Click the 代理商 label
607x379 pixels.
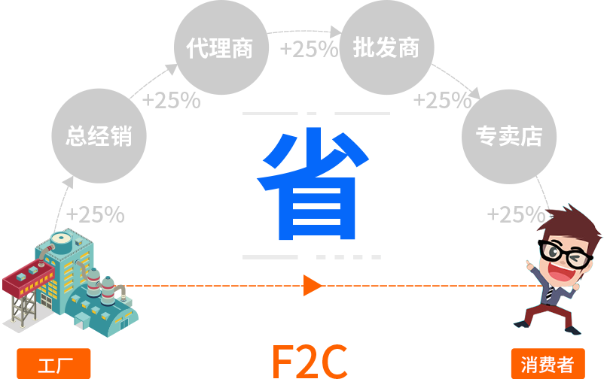click(x=220, y=49)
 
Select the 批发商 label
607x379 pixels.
click(x=386, y=49)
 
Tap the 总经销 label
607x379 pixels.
click(x=99, y=136)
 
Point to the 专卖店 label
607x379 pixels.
click(x=508, y=136)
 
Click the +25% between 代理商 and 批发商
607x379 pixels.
click(x=308, y=50)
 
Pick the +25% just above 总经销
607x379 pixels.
click(x=171, y=100)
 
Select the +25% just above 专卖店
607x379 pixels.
click(x=441, y=100)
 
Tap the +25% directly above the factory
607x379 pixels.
click(x=95, y=214)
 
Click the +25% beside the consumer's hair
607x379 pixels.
click(x=515, y=215)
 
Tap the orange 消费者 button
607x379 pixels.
click(x=548, y=365)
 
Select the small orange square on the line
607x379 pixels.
click(x=312, y=285)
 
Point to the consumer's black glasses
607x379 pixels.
click(x=561, y=251)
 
